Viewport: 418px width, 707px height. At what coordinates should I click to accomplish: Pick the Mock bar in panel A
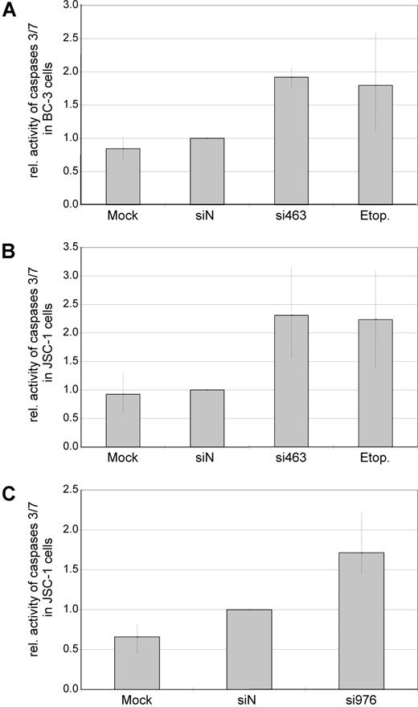pyautogui.click(x=123, y=176)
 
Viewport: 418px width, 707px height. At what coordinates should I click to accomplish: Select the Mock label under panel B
pyautogui.click(x=123, y=458)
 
